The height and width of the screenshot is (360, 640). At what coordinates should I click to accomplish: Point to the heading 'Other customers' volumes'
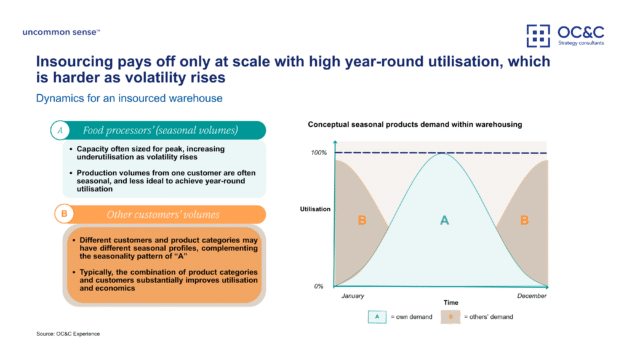click(x=153, y=214)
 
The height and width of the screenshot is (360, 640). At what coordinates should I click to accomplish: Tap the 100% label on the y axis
click(x=318, y=152)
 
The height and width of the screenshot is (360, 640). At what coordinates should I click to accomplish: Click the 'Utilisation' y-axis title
click(x=314, y=209)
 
